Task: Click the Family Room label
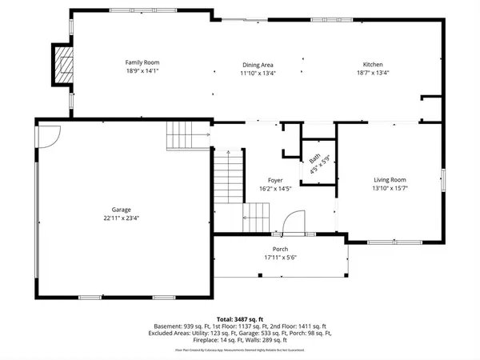(139, 62)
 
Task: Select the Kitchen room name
(373, 65)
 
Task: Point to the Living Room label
(390, 180)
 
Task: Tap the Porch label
(280, 249)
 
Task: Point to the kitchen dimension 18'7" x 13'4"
(373, 73)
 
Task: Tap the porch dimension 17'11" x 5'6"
(280, 257)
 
